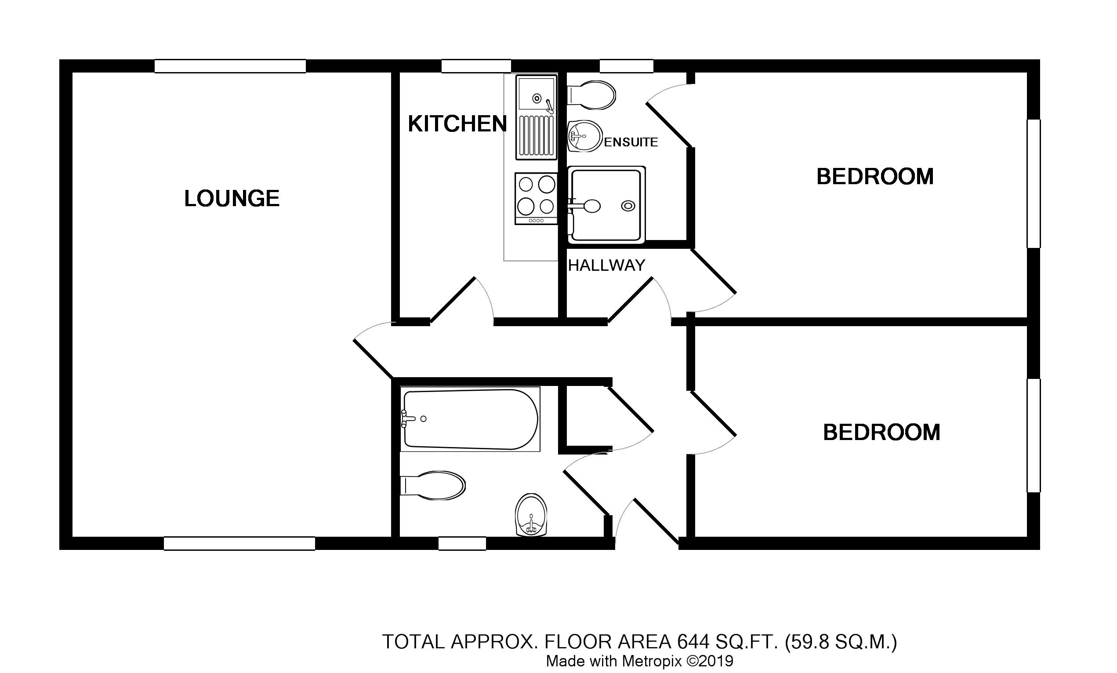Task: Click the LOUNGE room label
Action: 232,199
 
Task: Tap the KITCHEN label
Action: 457,124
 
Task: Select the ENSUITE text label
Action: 631,142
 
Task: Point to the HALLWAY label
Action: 606,266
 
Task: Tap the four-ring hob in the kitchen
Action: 536,199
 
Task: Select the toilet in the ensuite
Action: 591,95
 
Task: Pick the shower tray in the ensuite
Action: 606,205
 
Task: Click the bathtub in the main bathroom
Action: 470,419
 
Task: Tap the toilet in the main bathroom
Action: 433,486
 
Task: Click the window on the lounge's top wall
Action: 230,66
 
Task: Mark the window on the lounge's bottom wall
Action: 239,543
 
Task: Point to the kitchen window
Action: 476,66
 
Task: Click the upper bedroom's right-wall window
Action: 1034,184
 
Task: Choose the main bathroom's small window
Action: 462,543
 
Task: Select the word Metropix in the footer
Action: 651,661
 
